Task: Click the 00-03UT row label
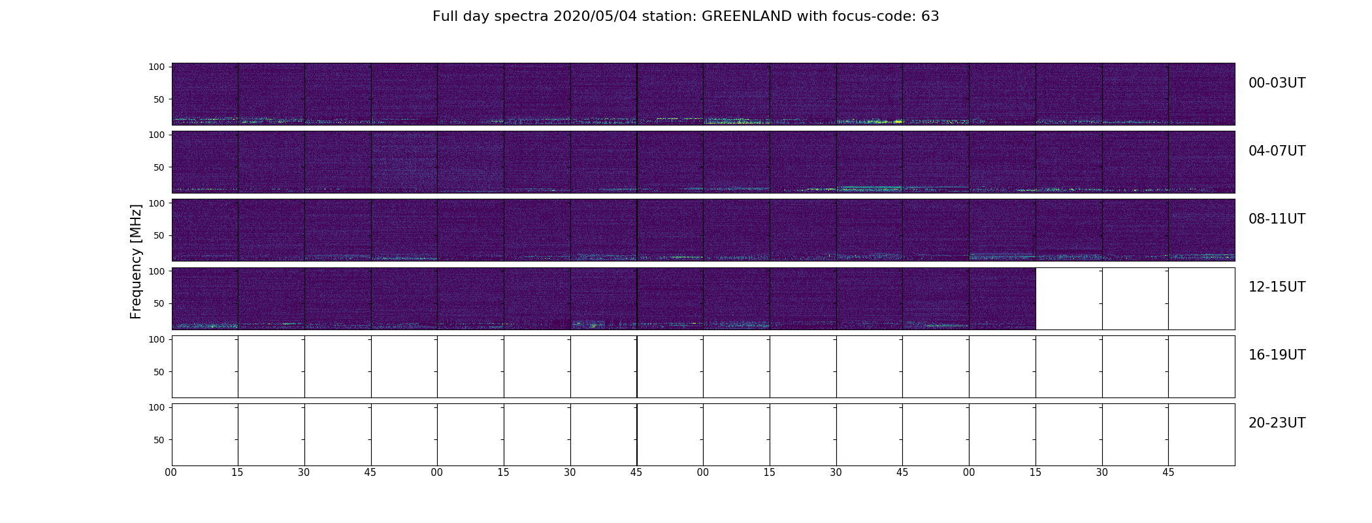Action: pyautogui.click(x=1277, y=83)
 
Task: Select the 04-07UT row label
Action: pyautogui.click(x=1277, y=151)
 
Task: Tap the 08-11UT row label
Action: pyautogui.click(x=1277, y=219)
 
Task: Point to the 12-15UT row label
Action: pyautogui.click(x=1277, y=287)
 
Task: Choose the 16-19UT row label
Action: pyautogui.click(x=1277, y=355)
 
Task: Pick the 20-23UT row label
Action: pyautogui.click(x=1277, y=423)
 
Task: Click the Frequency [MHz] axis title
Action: pyautogui.click(x=136, y=261)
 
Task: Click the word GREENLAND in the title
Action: pyautogui.click(x=747, y=16)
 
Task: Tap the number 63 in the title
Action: pyautogui.click(x=930, y=16)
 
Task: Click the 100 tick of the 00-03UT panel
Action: pyautogui.click(x=157, y=67)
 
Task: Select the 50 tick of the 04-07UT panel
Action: pyautogui.click(x=159, y=167)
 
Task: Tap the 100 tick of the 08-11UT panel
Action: pyautogui.click(x=157, y=203)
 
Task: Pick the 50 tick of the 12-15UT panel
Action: pyautogui.click(x=159, y=303)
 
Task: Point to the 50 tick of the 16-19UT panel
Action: pyautogui.click(x=159, y=372)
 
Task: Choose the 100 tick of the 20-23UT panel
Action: pyautogui.click(x=157, y=407)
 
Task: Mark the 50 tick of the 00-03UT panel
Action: pyautogui.click(x=159, y=99)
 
